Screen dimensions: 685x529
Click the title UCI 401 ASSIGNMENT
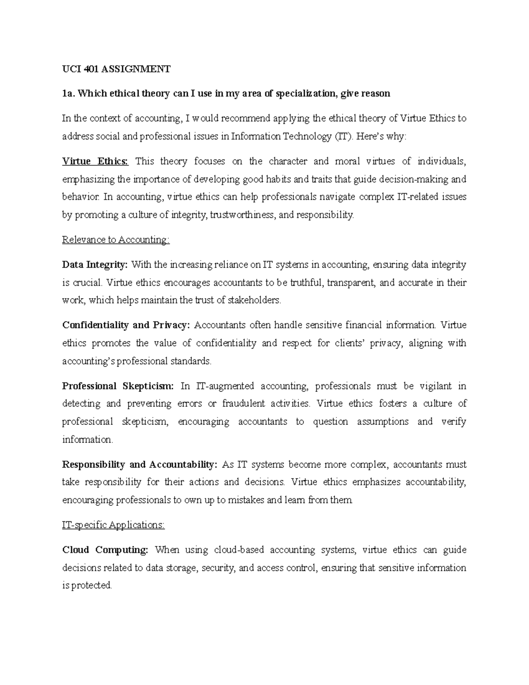pos(116,69)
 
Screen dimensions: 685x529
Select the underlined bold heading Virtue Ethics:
pos(95,161)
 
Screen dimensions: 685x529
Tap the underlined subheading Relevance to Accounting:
pos(115,240)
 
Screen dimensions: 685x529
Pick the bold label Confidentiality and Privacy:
pos(126,325)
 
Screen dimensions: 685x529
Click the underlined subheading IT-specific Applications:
pos(113,525)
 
